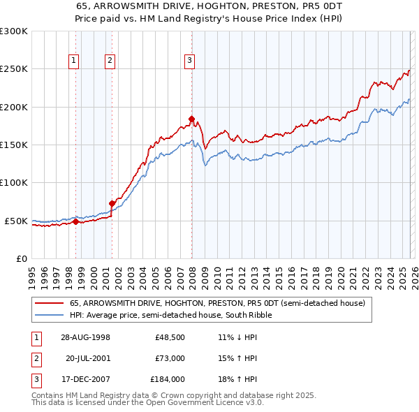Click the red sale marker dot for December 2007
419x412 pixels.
pos(191,119)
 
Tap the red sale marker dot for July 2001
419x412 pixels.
pos(112,203)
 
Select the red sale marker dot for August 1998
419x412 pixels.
pos(76,222)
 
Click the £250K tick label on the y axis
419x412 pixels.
pos(14,69)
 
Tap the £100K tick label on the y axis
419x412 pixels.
pos(14,183)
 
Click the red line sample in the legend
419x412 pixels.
pos(49,304)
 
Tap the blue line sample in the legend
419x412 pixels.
pos(49,315)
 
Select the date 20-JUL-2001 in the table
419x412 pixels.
pos(88,358)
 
